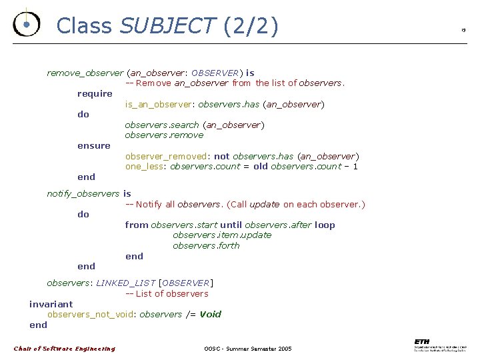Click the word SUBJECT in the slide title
[x=167, y=25]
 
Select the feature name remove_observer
[x=85, y=73]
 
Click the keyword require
[x=95, y=93]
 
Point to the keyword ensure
[x=94, y=145]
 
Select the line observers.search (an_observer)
[x=195, y=125]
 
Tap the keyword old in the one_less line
[x=261, y=166]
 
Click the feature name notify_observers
[x=83, y=193]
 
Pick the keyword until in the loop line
[x=231, y=225]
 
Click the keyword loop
[x=325, y=225]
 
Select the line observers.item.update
[x=222, y=235]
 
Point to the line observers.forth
[x=206, y=245]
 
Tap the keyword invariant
[x=51, y=304]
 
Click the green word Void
[x=211, y=314]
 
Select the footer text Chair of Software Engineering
[x=64, y=349]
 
